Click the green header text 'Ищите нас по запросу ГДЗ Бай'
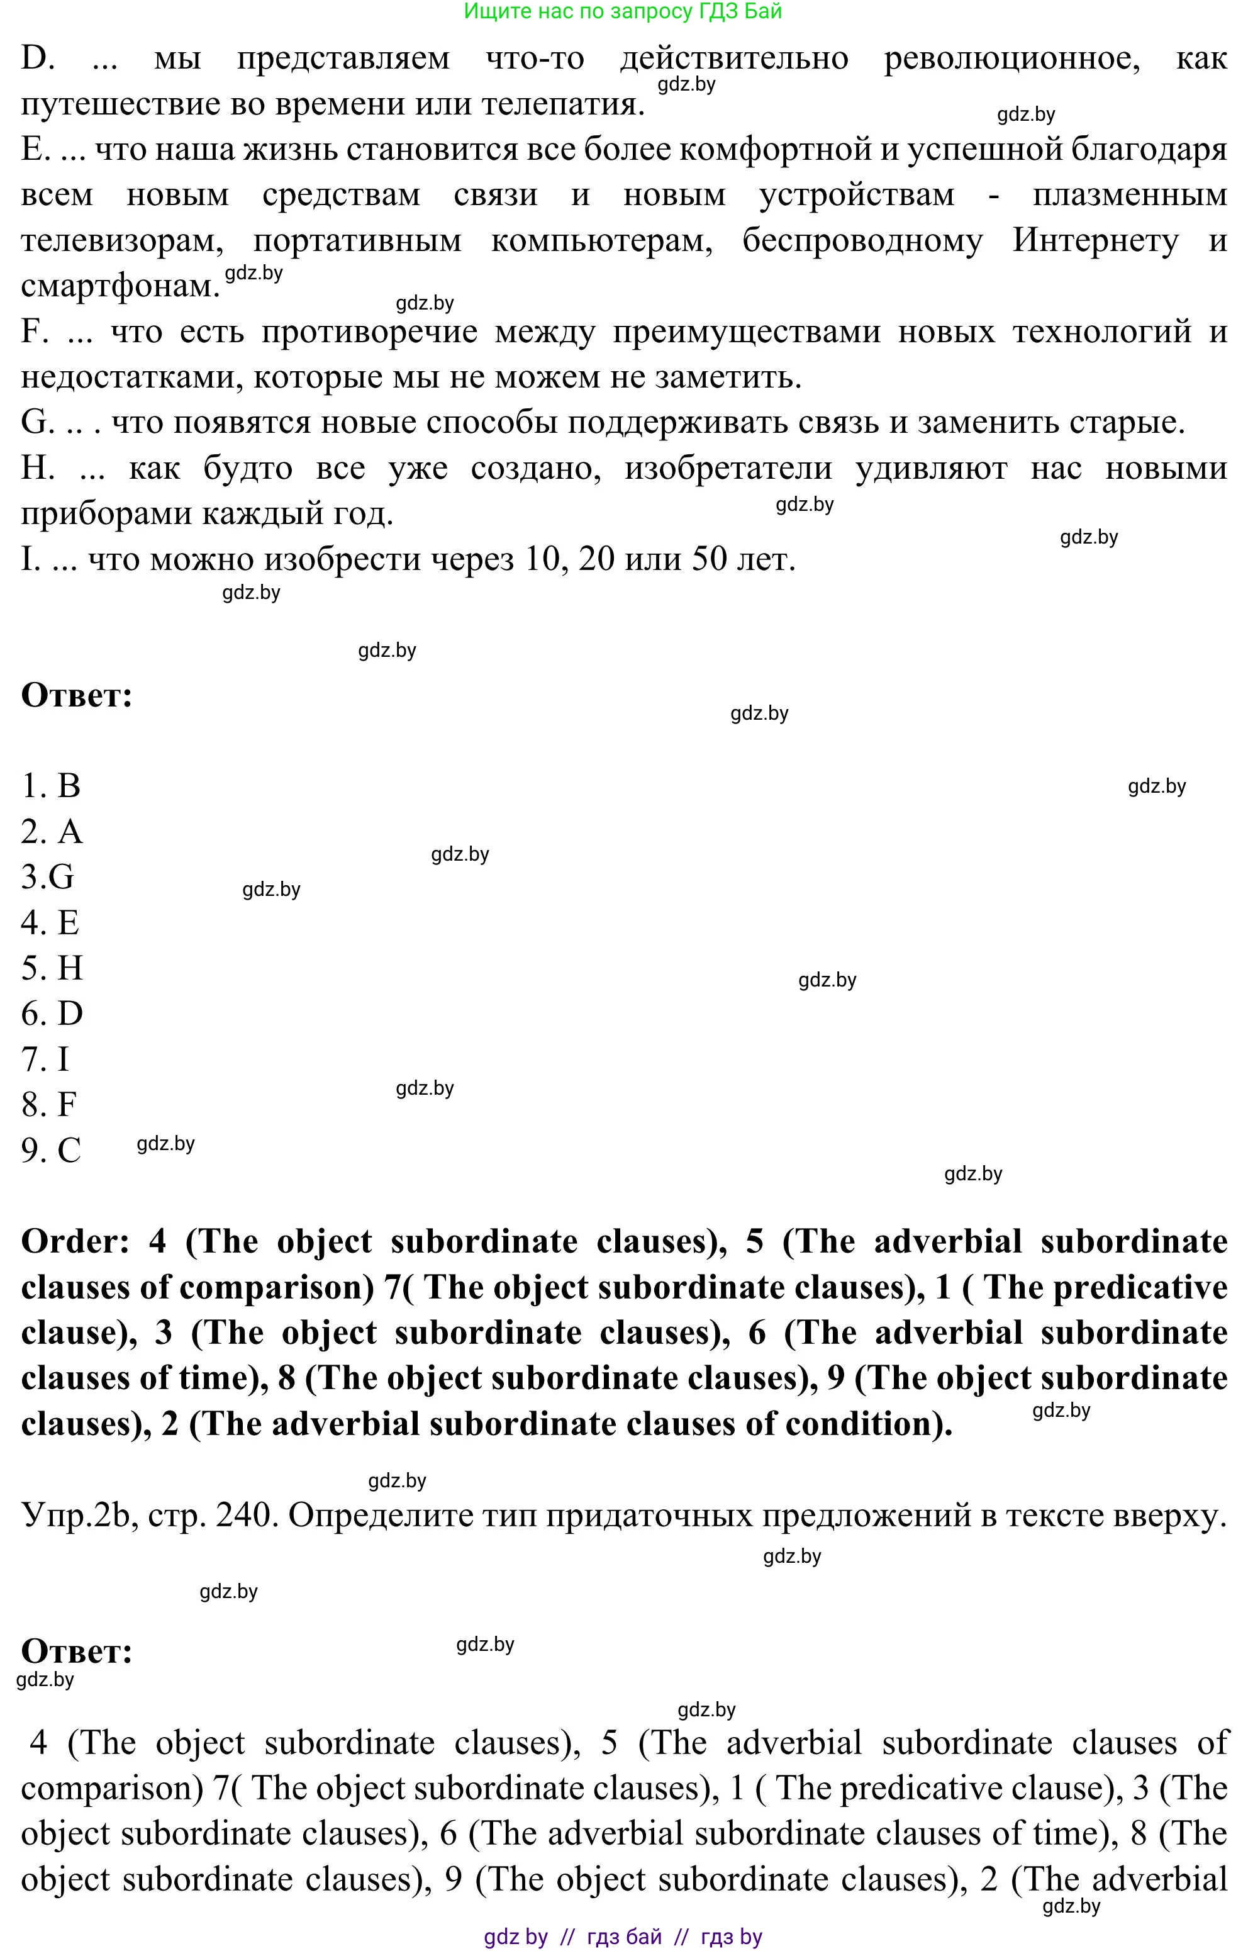point(622,11)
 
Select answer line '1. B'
point(51,785)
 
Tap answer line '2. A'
point(52,832)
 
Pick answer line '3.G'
point(48,877)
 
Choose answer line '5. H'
point(52,968)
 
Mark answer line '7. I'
point(45,1059)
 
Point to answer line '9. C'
point(51,1150)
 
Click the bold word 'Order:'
point(75,1242)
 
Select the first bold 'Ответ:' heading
point(76,695)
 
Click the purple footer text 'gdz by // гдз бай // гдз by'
point(622,1937)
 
